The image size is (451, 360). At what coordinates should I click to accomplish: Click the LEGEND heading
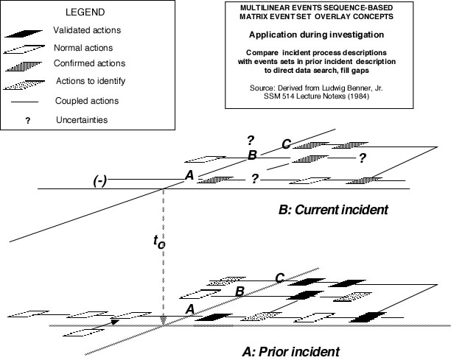[x=85, y=12]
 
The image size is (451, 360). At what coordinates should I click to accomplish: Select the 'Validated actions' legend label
[x=87, y=30]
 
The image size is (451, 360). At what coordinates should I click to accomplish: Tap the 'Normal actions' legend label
[x=83, y=48]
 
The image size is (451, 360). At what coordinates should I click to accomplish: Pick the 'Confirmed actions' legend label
[x=89, y=63]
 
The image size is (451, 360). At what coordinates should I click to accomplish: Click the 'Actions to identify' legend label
[x=91, y=81]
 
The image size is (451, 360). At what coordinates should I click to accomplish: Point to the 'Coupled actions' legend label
[x=87, y=101]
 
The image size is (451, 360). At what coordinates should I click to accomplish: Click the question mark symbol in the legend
[x=27, y=121]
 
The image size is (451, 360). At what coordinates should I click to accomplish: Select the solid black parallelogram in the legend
[x=24, y=33]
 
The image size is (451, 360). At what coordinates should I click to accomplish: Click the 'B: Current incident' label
[x=333, y=210]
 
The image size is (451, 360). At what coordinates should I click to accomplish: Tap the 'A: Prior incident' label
[x=291, y=351]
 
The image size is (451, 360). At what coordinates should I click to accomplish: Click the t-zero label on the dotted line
[x=159, y=241]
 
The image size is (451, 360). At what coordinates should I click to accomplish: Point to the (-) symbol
[x=99, y=181]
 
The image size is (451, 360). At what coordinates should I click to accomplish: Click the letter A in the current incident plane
[x=189, y=175]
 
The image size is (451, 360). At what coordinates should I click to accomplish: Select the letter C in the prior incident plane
[x=280, y=278]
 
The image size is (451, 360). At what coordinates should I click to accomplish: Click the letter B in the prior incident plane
[x=240, y=292]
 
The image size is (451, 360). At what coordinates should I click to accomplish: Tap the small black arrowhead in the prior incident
[x=115, y=322]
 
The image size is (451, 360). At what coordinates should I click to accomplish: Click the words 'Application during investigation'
[x=316, y=35]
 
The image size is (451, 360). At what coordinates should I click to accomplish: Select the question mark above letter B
[x=251, y=141]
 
